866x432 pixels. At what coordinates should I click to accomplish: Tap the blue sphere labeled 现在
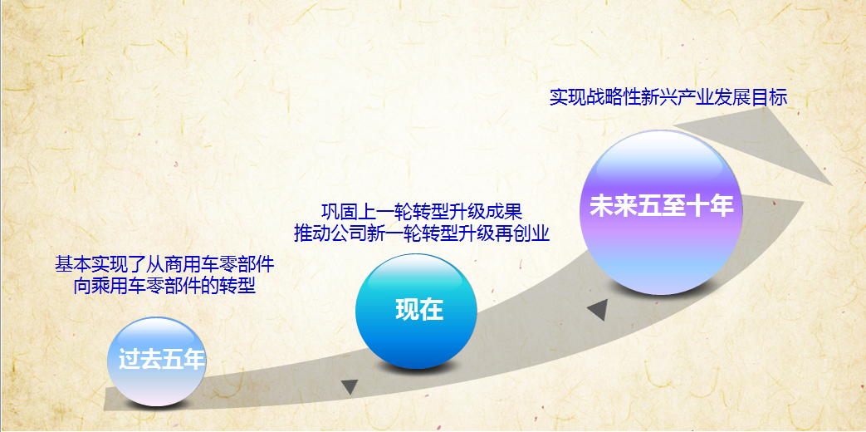(418, 311)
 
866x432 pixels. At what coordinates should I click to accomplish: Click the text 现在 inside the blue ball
(419, 310)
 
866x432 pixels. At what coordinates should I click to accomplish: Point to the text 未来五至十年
(661, 207)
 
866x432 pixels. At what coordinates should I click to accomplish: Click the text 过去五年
(161, 361)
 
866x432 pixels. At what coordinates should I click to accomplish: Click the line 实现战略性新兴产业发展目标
(668, 97)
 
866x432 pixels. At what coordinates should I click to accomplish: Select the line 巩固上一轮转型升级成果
(421, 211)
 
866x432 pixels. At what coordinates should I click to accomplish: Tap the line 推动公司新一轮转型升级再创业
(422, 233)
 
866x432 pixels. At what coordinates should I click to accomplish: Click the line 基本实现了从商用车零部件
(164, 266)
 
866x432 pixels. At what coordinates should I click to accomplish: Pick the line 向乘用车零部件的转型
(164, 287)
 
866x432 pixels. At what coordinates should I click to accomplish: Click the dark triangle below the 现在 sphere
(350, 386)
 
